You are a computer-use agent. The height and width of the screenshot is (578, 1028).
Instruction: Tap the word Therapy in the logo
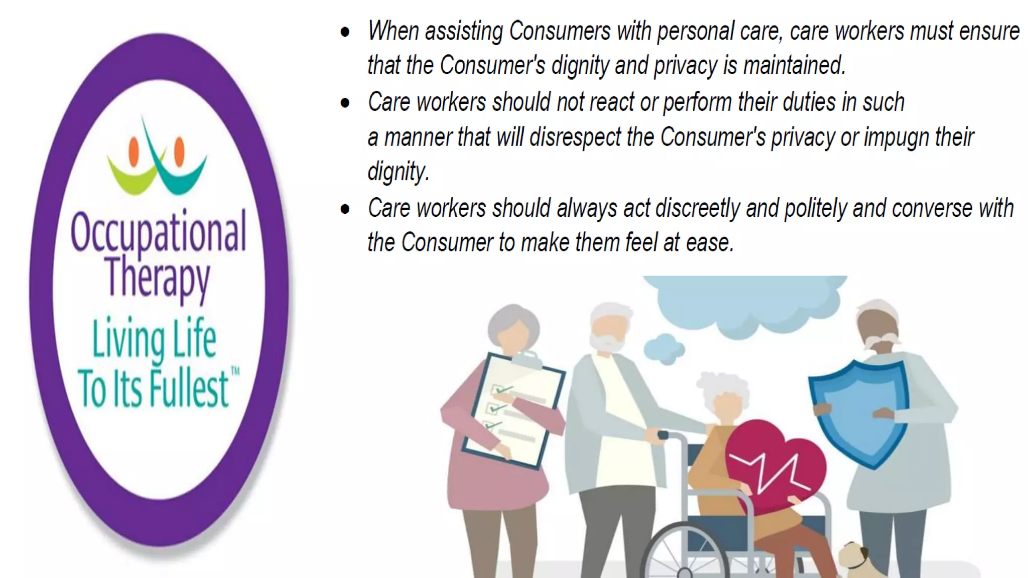(x=158, y=278)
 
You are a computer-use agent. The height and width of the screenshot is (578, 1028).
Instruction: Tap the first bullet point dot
(x=345, y=32)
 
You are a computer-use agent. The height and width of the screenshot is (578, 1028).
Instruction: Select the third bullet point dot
(x=345, y=209)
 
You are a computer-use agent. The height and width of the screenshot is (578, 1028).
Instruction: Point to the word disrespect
(x=575, y=137)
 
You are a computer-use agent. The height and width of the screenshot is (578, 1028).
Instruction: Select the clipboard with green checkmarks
(x=512, y=409)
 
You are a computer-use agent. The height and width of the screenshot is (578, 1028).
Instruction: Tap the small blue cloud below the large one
(x=664, y=347)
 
